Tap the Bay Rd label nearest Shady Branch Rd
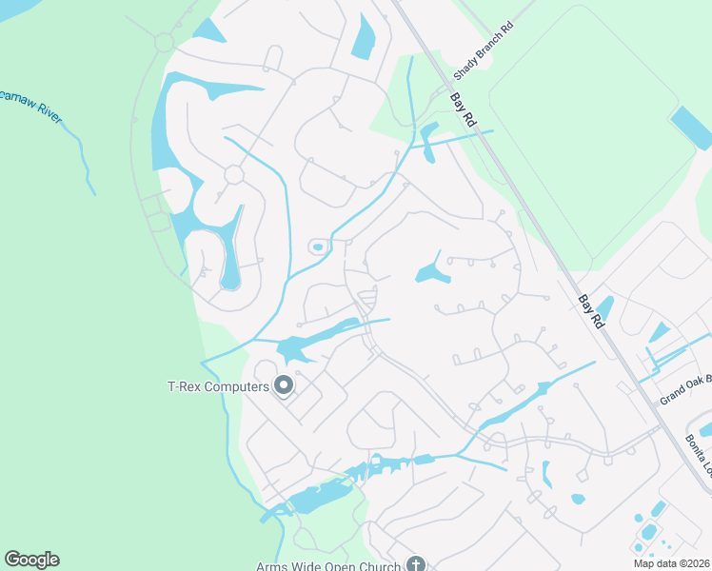463,110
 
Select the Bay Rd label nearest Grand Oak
591,311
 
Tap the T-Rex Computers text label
218,385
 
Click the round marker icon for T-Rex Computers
283,385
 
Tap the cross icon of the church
414,563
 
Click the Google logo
31,560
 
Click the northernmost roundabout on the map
164,42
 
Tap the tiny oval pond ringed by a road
317,247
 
